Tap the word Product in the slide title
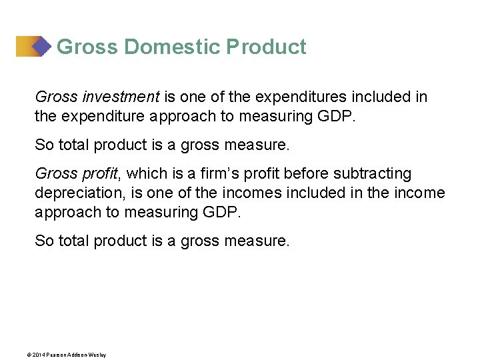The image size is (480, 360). (266, 47)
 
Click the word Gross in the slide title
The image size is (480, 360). (87, 47)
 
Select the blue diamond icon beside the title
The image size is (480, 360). (42, 46)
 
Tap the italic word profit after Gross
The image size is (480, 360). (99, 174)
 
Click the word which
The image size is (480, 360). (144, 174)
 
